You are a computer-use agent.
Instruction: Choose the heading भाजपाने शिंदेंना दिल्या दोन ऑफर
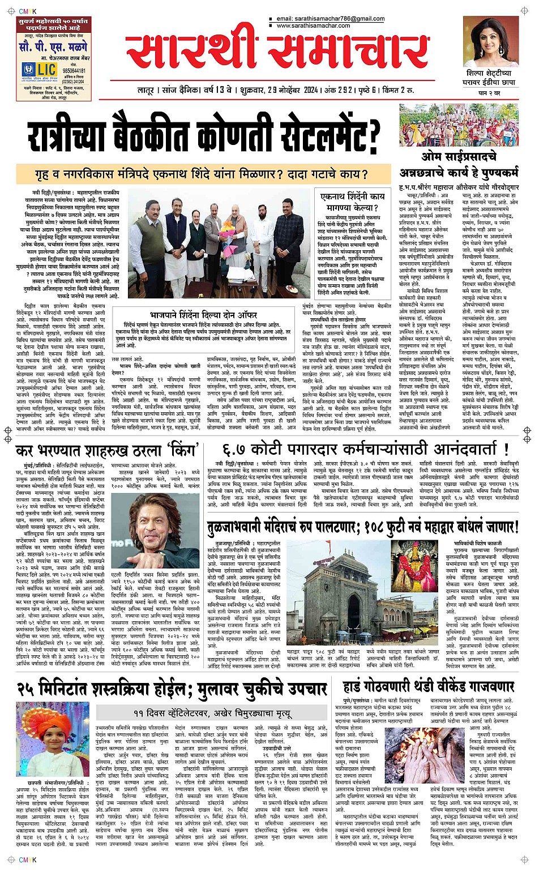(203, 314)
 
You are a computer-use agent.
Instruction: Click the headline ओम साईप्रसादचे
(459, 157)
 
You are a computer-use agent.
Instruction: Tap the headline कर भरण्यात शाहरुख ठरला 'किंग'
(106, 450)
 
